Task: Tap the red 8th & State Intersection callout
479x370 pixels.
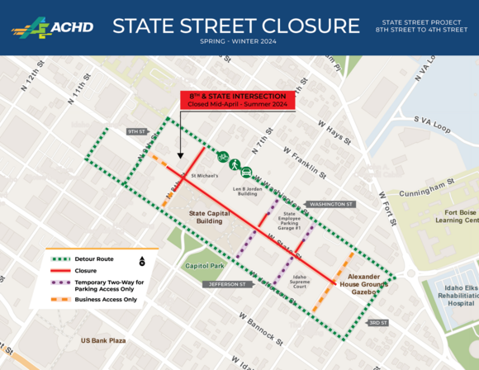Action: [238, 100]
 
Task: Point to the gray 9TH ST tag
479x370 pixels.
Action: [136, 131]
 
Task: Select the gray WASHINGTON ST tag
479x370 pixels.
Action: [330, 203]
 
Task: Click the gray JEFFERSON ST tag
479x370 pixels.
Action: [228, 284]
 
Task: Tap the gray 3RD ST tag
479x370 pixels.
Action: [378, 322]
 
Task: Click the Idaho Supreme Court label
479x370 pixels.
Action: [300, 282]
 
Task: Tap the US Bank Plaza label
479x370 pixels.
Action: [103, 340]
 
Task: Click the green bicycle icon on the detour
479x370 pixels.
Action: [222, 155]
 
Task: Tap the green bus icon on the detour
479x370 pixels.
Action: [247, 173]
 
